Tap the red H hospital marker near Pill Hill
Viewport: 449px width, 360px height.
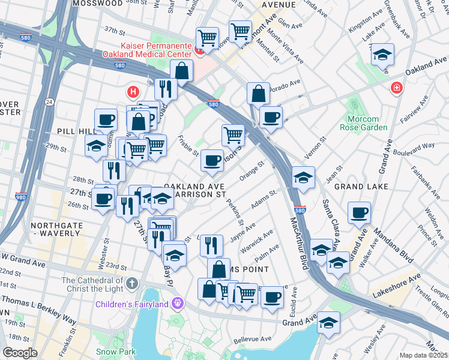(133, 92)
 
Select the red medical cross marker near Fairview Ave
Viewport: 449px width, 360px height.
(396, 89)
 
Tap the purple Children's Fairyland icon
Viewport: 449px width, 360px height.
(178, 304)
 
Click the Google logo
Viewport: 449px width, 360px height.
(20, 353)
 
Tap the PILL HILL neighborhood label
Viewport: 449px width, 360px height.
(74, 131)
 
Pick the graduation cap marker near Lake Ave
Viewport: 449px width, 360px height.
(382, 55)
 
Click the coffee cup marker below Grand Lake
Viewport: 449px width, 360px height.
(359, 212)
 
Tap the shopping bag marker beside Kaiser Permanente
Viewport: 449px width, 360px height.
(181, 71)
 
